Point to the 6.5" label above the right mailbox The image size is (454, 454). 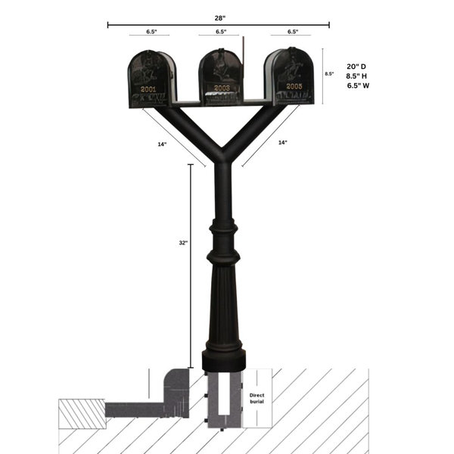292,33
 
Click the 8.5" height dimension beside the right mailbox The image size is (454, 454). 329,74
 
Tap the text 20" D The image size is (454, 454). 357,66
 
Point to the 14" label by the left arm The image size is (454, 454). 162,143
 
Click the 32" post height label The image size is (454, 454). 182,243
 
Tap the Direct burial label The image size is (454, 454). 257,399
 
